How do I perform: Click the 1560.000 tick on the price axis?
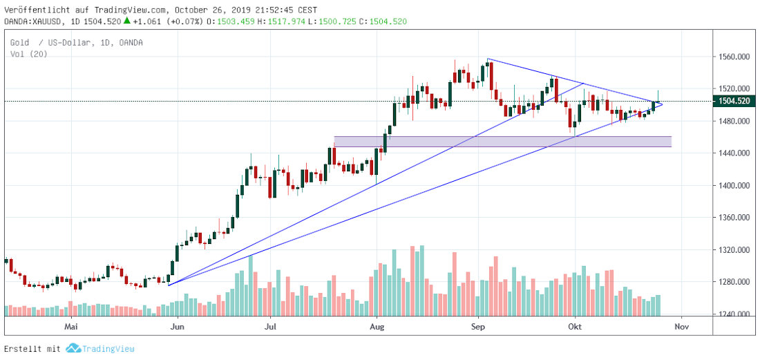click(734, 57)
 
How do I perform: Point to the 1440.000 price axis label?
click(734, 153)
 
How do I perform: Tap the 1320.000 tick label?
click(734, 250)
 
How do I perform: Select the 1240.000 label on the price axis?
click(734, 314)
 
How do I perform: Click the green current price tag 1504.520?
click(734, 101)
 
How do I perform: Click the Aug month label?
click(377, 324)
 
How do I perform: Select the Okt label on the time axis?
click(575, 324)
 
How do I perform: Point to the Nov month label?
click(681, 324)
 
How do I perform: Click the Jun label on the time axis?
click(178, 324)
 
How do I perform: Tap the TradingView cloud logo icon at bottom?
click(73, 349)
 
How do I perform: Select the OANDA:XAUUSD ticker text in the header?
click(34, 21)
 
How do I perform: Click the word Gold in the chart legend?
click(19, 43)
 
